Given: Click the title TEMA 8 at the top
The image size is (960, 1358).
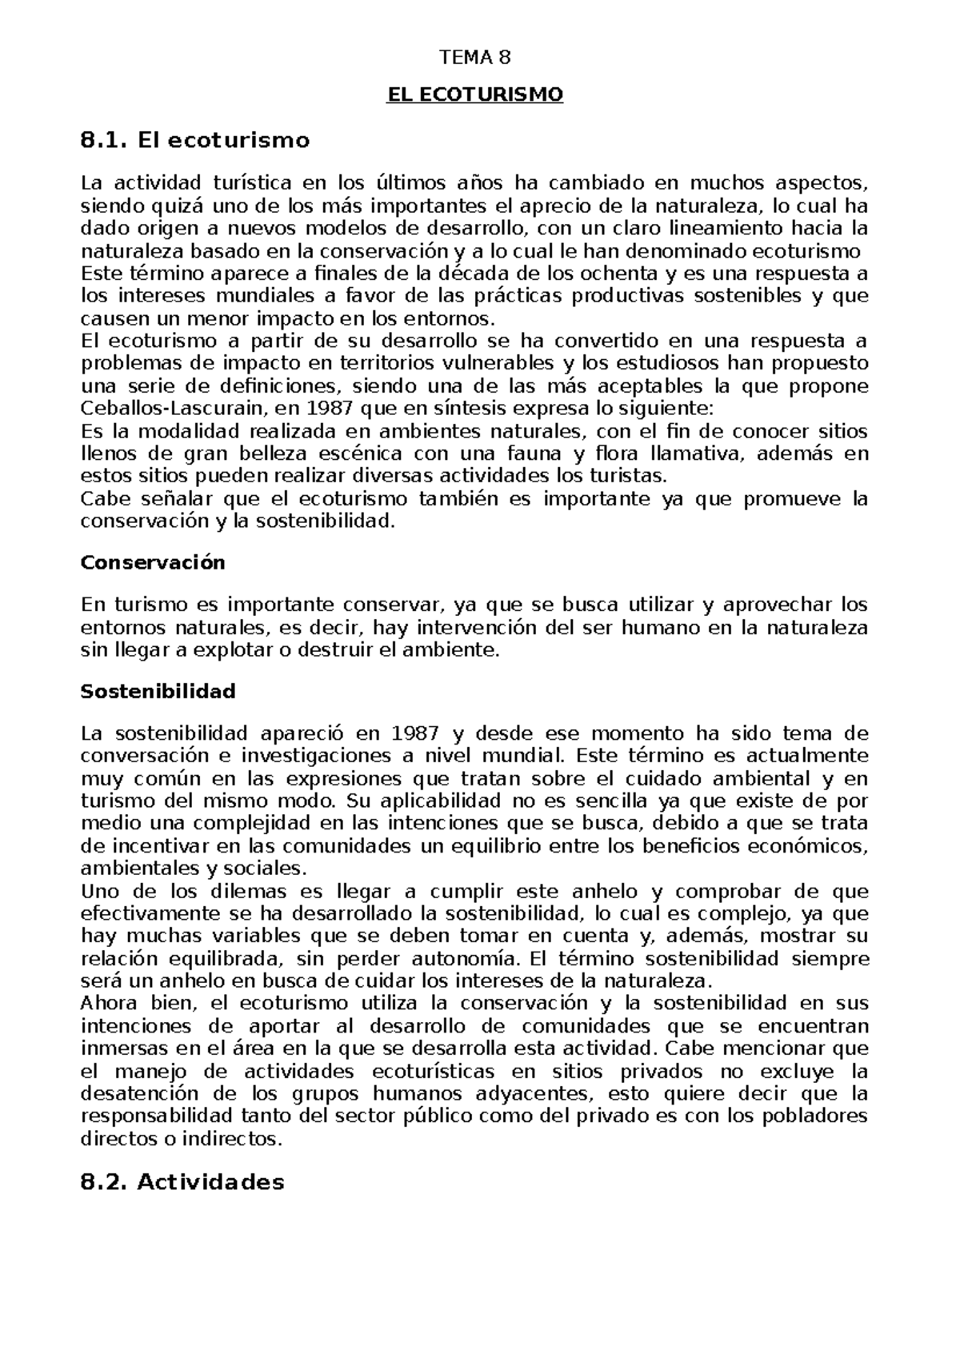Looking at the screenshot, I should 475,58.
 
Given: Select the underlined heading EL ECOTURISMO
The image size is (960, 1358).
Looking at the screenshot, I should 475,95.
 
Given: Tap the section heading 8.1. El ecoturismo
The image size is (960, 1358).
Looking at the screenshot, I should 195,141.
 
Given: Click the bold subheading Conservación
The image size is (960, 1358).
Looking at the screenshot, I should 154,562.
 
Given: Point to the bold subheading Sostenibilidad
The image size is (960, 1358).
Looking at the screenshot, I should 158,691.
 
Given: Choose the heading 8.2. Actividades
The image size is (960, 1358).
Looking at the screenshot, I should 182,1182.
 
